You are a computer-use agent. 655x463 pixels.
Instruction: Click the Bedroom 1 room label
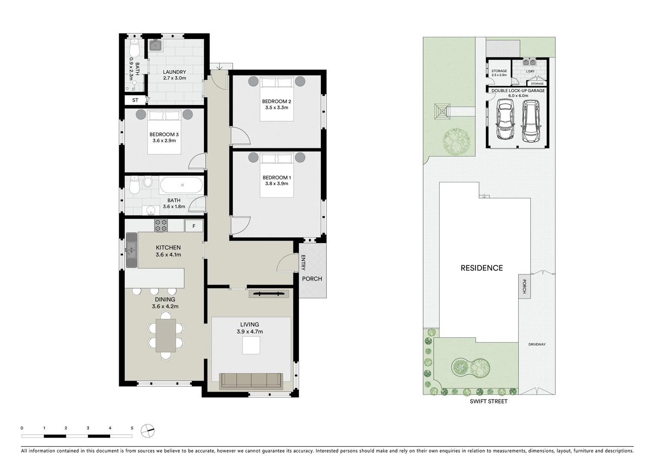pyautogui.click(x=275, y=177)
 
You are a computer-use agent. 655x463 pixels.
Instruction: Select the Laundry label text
pyautogui.click(x=174, y=72)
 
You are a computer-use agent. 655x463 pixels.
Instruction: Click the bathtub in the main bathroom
pyautogui.click(x=181, y=185)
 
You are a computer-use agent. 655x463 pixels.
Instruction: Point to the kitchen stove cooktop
pyautogui.click(x=161, y=225)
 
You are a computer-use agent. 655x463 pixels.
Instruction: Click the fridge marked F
pyautogui.click(x=194, y=226)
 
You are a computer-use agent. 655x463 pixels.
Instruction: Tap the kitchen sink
pyautogui.click(x=131, y=250)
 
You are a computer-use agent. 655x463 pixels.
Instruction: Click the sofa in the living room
pyautogui.click(x=251, y=381)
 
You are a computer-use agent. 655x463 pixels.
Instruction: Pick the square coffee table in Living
pyautogui.click(x=251, y=346)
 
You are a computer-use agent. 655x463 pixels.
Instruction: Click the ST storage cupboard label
pyautogui.click(x=135, y=100)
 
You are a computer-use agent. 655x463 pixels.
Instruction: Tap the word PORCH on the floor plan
pyautogui.click(x=312, y=279)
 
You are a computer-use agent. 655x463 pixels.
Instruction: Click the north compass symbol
pyautogui.click(x=147, y=430)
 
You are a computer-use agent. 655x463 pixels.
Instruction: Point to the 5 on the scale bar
pyautogui.click(x=132, y=428)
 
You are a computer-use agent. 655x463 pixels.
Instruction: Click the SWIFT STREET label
pyautogui.click(x=488, y=402)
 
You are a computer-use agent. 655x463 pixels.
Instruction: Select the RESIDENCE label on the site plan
pyautogui.click(x=482, y=268)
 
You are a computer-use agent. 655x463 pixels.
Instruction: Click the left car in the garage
pyautogui.click(x=505, y=120)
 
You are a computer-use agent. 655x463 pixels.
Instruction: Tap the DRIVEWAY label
pyautogui.click(x=537, y=344)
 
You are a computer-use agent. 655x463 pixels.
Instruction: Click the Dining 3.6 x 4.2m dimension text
pyautogui.click(x=165, y=307)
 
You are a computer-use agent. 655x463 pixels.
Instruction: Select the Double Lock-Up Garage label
pyautogui.click(x=518, y=91)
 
